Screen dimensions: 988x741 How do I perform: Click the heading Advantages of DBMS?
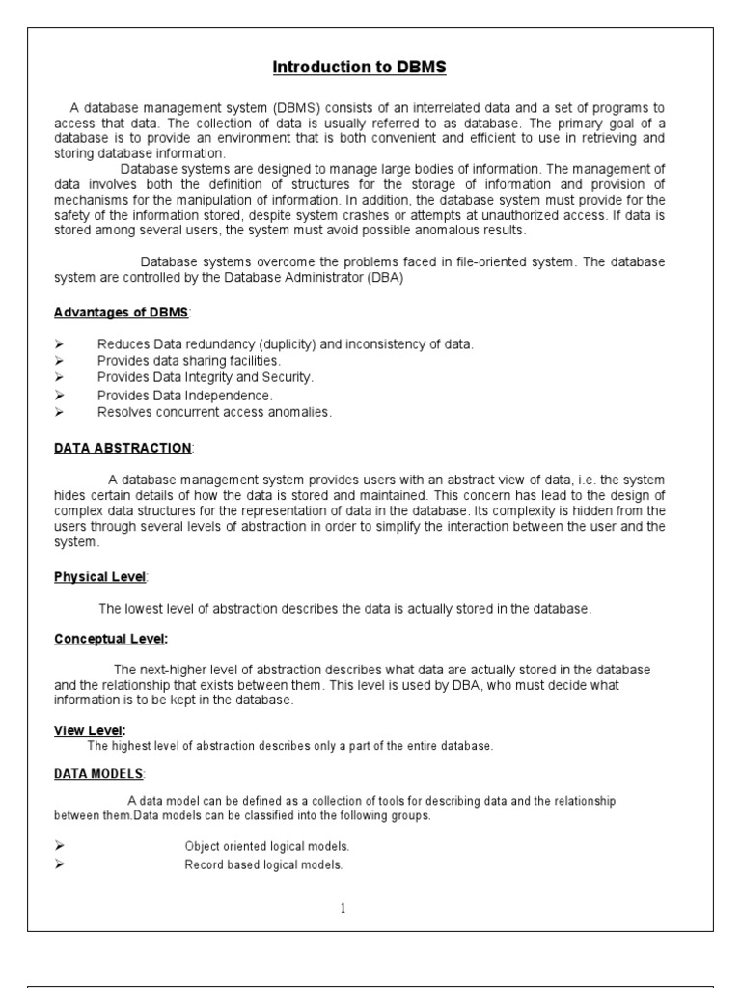point(122,314)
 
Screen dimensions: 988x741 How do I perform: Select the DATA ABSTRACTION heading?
point(123,448)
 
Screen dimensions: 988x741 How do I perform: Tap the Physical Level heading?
point(99,576)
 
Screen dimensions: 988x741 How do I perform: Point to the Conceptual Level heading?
point(109,639)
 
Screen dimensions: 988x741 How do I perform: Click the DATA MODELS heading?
point(98,774)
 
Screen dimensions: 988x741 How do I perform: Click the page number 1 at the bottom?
point(343,908)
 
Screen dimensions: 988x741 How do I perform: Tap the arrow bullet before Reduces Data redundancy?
point(59,344)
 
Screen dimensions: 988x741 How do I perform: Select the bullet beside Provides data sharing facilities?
point(59,361)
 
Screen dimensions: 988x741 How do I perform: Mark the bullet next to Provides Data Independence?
point(59,395)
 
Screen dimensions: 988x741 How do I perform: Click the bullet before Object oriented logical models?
point(59,846)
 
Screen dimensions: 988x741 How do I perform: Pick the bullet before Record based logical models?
point(59,864)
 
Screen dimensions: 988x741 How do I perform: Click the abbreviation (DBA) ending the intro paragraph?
point(381,278)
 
